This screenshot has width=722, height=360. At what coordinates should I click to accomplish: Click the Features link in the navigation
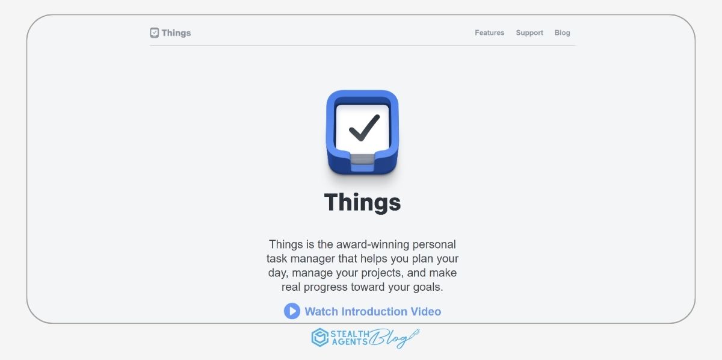tap(489, 33)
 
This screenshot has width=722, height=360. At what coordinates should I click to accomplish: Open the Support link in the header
tap(529, 33)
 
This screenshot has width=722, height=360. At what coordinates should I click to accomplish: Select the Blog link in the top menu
tap(562, 33)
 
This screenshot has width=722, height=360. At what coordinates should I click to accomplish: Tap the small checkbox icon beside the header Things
tap(155, 33)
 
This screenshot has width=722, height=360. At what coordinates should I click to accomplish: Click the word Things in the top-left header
tap(176, 33)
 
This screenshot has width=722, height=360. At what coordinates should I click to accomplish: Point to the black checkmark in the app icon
tap(363, 127)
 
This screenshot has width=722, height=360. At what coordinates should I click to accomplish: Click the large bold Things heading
tap(362, 202)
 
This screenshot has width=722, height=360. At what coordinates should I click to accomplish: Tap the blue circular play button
tap(292, 311)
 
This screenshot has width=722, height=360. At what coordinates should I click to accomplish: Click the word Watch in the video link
tap(322, 312)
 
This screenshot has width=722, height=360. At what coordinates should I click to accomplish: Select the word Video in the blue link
tap(426, 312)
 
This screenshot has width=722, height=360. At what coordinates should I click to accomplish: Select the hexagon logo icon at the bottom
tap(319, 337)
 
